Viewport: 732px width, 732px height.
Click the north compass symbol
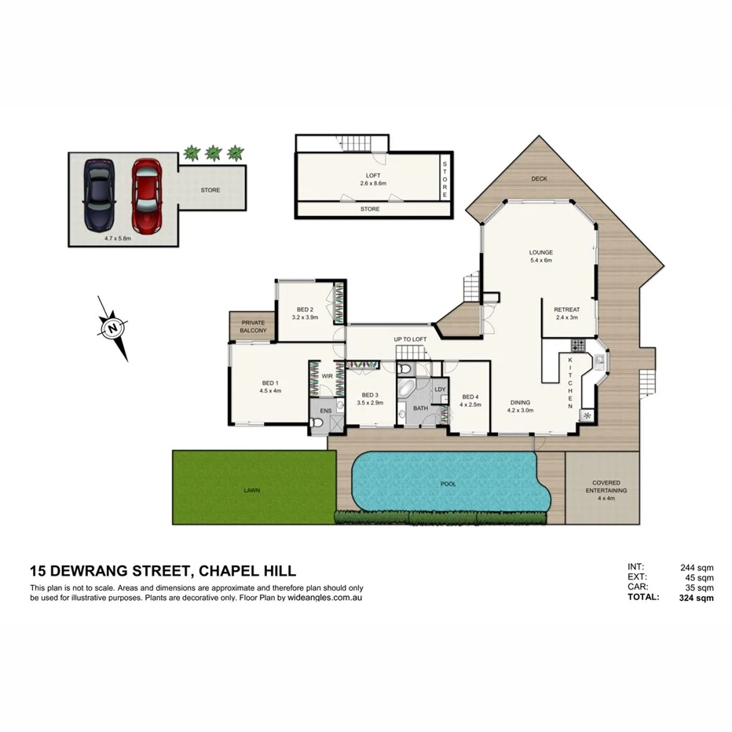click(x=114, y=327)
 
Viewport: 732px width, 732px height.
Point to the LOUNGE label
click(x=541, y=252)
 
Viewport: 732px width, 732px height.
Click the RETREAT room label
click(x=566, y=309)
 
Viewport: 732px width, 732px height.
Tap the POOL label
click(x=448, y=484)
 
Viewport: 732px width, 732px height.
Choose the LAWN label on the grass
click(x=251, y=490)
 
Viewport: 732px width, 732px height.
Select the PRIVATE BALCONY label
click(x=253, y=327)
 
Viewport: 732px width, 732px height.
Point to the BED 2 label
click(x=306, y=309)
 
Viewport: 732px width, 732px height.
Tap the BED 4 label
click(x=470, y=397)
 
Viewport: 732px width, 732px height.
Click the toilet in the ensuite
click(x=317, y=424)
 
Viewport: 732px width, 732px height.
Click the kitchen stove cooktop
click(x=579, y=345)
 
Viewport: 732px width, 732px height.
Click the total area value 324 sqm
click(x=696, y=598)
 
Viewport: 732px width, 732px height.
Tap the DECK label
click(x=539, y=179)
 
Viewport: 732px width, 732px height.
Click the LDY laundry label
click(x=439, y=389)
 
